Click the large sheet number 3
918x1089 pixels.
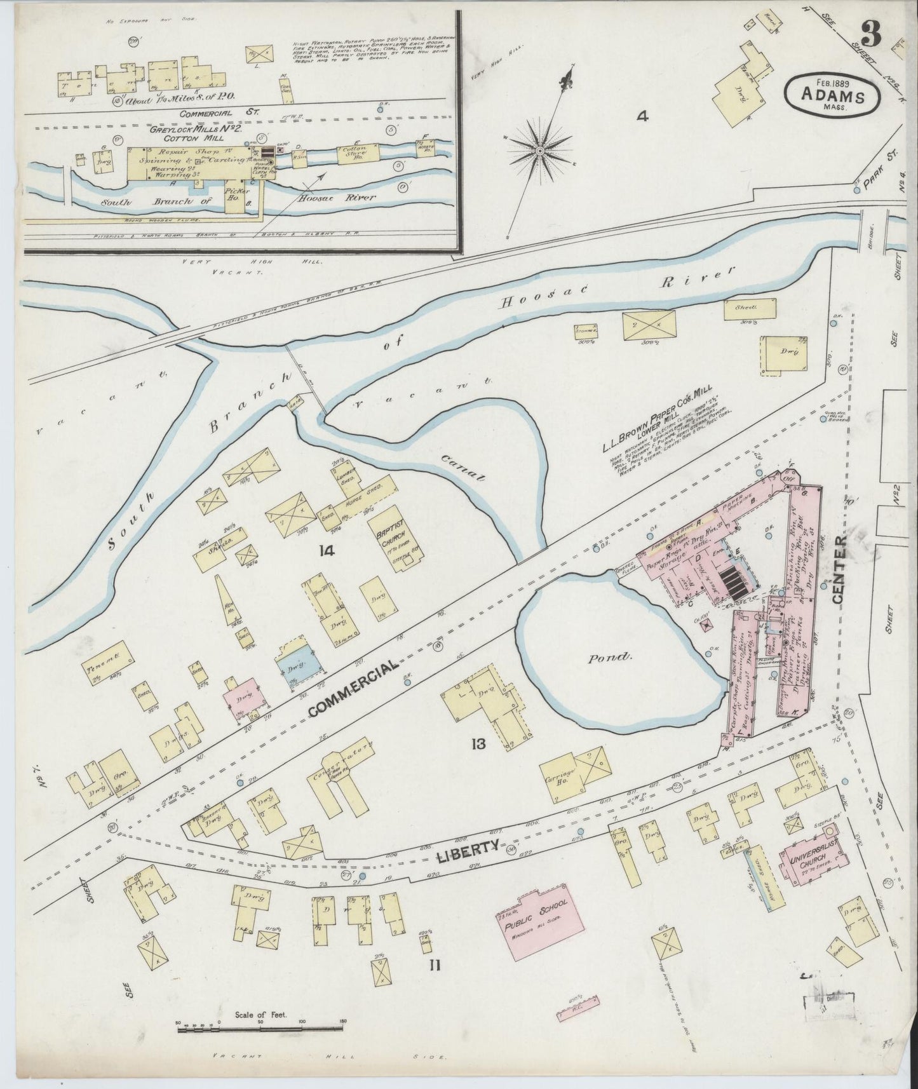pos(871,35)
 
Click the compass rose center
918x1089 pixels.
pos(539,151)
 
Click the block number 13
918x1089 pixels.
pos(478,743)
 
